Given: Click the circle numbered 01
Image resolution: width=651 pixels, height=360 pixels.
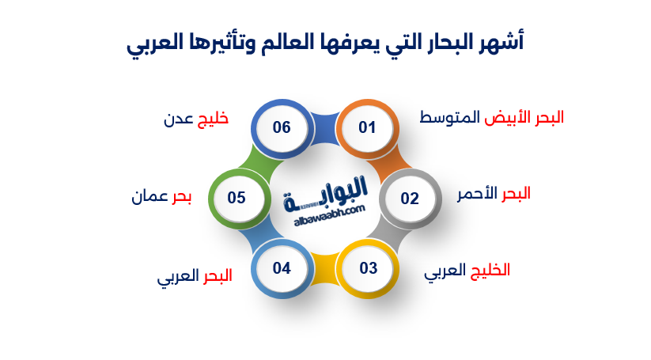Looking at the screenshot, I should [x=367, y=127].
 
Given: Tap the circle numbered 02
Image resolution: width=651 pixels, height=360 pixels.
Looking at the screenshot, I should [x=410, y=198].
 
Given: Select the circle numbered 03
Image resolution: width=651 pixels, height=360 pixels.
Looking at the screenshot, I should [x=368, y=268].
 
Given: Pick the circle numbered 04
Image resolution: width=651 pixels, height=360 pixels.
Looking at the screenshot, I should [x=282, y=268].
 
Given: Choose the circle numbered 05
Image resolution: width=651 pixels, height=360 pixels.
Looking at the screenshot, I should [x=237, y=198].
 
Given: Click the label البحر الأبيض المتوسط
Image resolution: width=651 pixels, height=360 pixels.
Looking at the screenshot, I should [x=491, y=118].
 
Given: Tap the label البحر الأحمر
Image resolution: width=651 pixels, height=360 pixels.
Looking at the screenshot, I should [x=494, y=194].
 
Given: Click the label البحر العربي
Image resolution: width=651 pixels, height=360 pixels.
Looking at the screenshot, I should [x=195, y=278].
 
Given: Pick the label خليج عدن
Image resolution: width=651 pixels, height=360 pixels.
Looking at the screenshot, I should [x=195, y=119].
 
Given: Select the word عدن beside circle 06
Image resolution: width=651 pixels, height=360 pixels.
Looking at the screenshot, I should [x=178, y=119].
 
